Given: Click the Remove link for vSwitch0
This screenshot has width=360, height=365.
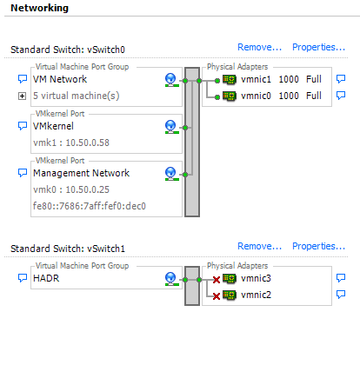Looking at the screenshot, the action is [259, 47].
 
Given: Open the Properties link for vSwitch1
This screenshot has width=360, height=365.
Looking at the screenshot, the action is [318, 246].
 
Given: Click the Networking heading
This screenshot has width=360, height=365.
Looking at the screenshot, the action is [39, 8].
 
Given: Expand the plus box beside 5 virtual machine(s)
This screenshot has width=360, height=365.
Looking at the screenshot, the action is [22, 96].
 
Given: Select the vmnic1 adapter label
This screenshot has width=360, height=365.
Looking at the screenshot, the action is [256, 79].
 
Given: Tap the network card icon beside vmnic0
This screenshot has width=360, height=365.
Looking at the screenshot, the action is [230, 96].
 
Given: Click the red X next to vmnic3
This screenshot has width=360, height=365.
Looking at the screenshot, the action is [217, 280].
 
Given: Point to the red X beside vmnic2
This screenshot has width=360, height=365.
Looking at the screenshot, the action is [217, 296].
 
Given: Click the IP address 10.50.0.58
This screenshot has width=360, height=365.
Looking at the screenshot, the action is [88, 143].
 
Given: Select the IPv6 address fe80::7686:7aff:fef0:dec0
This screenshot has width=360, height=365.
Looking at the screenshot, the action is [90, 206].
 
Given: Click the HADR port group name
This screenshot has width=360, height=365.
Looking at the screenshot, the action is [46, 278].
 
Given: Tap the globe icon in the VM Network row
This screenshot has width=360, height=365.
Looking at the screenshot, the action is [171, 80].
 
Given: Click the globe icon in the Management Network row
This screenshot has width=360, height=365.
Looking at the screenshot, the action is [171, 174].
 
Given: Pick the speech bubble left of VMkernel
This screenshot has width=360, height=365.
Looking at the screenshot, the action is [23, 126].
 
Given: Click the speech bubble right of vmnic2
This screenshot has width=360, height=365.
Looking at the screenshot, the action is [341, 295].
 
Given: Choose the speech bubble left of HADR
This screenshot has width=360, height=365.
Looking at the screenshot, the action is [23, 278].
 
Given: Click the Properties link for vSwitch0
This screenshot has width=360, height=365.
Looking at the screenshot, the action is [318, 47].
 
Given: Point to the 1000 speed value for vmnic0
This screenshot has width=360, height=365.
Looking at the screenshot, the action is [289, 96].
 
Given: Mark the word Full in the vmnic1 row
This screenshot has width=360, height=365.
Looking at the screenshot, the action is [314, 79].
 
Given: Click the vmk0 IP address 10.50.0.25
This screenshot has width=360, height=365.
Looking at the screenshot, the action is [88, 189].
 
